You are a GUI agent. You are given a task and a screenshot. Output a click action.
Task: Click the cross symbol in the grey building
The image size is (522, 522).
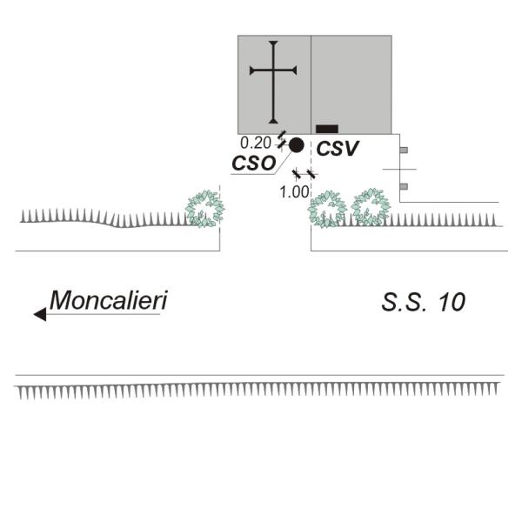(273, 82)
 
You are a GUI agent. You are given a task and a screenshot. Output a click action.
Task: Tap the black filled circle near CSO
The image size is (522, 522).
(297, 145)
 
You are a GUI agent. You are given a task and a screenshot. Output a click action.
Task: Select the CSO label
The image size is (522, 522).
(254, 164)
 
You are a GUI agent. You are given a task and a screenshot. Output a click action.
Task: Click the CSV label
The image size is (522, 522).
(338, 149)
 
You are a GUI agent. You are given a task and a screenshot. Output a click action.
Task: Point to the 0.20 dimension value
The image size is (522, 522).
(256, 144)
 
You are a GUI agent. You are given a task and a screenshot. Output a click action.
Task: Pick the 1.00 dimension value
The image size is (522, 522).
(295, 192)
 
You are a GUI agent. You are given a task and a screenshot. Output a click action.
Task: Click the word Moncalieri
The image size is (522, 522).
(108, 300)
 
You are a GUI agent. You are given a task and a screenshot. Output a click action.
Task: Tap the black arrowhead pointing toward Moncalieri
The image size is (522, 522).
(40, 314)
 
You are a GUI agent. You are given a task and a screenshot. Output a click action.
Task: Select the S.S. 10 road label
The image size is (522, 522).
(423, 302)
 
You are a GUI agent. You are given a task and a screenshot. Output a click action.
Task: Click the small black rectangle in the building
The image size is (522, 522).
(327, 129)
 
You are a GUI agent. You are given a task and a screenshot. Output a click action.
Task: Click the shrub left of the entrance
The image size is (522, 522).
(205, 209)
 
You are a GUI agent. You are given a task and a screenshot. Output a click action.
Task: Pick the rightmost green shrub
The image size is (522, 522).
(371, 207)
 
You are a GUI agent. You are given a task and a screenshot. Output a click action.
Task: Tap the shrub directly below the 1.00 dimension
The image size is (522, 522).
(326, 210)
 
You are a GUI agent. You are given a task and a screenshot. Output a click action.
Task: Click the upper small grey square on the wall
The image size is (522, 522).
(404, 151)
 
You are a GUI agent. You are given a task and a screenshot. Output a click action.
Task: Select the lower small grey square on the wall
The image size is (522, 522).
(404, 186)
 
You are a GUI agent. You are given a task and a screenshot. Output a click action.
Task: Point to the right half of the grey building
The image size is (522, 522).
(351, 84)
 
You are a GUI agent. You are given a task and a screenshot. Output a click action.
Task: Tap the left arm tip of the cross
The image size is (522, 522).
(251, 70)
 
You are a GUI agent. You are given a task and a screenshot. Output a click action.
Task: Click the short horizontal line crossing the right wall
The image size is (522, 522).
(399, 169)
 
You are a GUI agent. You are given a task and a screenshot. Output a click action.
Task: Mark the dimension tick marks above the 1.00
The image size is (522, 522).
(304, 174)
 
